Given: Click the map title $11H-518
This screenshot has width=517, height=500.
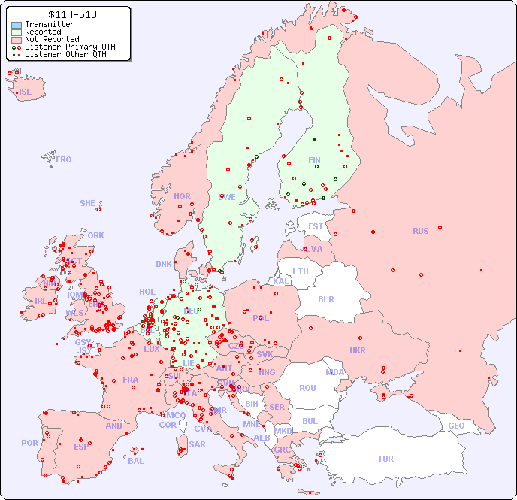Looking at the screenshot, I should (x=72, y=14).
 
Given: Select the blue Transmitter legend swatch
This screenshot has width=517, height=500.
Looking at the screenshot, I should (x=17, y=25).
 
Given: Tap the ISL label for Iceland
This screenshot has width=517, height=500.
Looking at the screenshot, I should (x=26, y=92).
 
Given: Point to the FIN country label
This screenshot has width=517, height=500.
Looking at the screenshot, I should (x=314, y=160).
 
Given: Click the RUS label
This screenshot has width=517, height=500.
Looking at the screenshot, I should (x=420, y=231).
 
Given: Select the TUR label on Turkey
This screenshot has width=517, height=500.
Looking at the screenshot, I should (x=385, y=459).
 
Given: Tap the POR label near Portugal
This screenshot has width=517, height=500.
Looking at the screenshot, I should (x=29, y=443).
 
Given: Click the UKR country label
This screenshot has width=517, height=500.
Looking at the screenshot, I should (x=358, y=350).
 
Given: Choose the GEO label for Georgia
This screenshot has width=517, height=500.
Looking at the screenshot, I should (x=456, y=426).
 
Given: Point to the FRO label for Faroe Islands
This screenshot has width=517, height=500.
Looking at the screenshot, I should (x=64, y=159).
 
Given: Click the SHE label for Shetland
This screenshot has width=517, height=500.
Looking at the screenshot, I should (x=88, y=203).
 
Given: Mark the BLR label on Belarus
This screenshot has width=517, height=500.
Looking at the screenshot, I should (x=325, y=298).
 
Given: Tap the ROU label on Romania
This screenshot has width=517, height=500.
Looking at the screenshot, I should (x=307, y=388).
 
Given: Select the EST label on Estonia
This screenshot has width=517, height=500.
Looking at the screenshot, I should (x=316, y=226).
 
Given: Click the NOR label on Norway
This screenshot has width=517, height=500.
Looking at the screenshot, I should (x=182, y=196).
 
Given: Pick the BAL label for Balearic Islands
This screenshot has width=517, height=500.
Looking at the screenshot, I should (x=136, y=461).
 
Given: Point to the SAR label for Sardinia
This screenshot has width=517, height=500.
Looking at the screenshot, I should (x=197, y=444).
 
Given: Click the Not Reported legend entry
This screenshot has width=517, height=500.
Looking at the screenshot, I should (x=51, y=39).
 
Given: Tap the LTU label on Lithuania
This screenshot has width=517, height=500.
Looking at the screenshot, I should (x=301, y=271).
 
